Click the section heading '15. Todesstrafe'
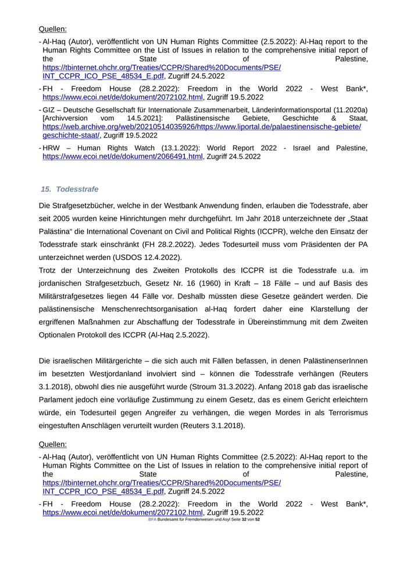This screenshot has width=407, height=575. click(70, 189)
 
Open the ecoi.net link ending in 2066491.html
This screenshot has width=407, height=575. click(123, 156)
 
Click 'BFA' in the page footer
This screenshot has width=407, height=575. click(152, 519)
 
